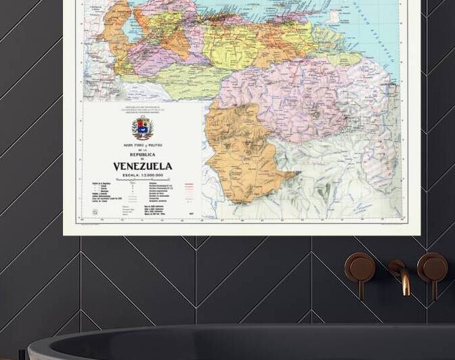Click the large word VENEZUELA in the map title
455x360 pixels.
142,166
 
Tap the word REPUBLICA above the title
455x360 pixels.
142,154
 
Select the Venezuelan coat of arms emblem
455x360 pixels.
142,128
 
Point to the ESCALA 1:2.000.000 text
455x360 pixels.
142,176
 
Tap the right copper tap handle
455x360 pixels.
432,267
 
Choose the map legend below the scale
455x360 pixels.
142,200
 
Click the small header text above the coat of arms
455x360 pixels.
142,109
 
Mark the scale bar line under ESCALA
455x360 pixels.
142,181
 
